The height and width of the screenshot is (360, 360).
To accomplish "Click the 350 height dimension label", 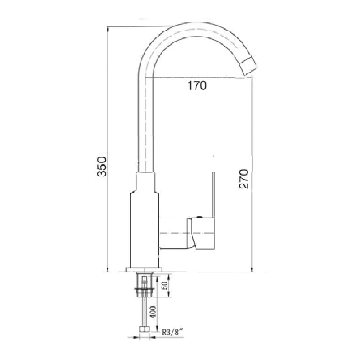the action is pyautogui.click(x=101, y=167).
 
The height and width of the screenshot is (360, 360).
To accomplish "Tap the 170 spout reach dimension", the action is pyautogui.click(x=197, y=85).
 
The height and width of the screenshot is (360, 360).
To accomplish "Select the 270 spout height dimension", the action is pyautogui.click(x=244, y=179).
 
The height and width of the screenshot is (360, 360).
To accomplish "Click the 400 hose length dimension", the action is pyautogui.click(x=153, y=312).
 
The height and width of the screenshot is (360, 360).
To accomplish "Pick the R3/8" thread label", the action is pyautogui.click(x=172, y=332).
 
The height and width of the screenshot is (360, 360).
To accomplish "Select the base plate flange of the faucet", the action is pyautogui.click(x=144, y=270).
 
